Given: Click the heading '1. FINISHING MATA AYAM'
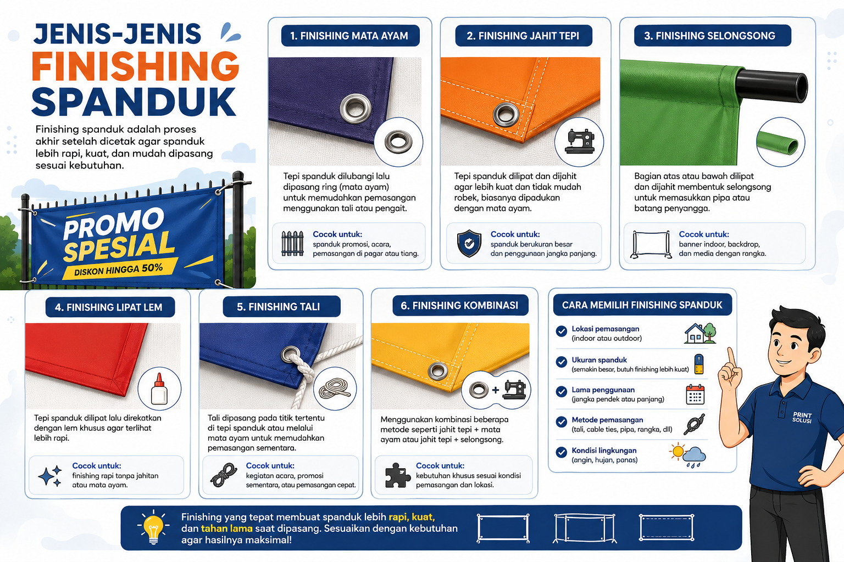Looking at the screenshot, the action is click(349, 36).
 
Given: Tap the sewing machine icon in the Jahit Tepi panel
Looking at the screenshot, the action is click(580, 142).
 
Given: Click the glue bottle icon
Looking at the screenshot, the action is click(159, 389).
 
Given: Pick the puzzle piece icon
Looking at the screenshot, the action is click(397, 475).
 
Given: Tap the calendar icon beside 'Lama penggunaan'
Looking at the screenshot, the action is click(695, 394).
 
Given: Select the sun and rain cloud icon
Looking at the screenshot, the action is click(687, 455).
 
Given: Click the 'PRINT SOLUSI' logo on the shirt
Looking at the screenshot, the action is click(802, 417).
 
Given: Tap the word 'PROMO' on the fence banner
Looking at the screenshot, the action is click(114, 223).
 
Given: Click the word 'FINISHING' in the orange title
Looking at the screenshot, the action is click(135, 66).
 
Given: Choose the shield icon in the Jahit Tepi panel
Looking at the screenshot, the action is click(469, 244).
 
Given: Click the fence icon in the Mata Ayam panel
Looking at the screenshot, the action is click(292, 244).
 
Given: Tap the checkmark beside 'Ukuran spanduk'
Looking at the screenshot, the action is click(562, 362).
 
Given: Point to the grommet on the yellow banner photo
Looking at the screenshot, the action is click(438, 371).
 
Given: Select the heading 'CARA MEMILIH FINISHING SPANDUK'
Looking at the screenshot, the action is click(642, 305).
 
